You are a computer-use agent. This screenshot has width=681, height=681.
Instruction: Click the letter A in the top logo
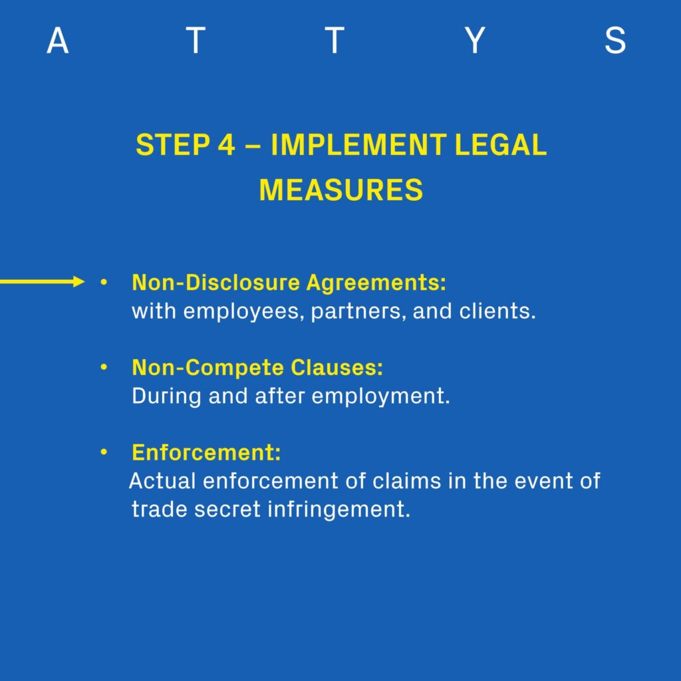(x=57, y=41)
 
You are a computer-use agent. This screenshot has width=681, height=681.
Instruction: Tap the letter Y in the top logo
(x=475, y=41)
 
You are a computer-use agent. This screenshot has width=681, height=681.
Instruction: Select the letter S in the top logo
(x=615, y=41)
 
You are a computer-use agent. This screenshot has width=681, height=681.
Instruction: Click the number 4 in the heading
(x=226, y=144)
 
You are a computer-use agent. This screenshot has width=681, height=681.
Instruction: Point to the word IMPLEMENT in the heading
(x=358, y=144)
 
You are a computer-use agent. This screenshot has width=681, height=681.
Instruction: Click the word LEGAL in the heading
(x=500, y=144)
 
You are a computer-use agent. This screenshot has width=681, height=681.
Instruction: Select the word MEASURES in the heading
(x=341, y=190)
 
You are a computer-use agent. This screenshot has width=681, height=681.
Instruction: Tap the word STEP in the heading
(x=174, y=144)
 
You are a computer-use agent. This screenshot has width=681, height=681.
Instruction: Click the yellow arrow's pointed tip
(x=84, y=281)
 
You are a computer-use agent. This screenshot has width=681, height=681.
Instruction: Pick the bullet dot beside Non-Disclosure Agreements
(x=103, y=282)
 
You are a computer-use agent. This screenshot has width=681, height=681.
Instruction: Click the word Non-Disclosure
(x=216, y=282)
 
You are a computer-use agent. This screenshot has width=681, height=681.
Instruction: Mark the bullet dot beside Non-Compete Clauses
(x=103, y=367)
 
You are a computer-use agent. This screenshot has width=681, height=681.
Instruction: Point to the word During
(x=166, y=396)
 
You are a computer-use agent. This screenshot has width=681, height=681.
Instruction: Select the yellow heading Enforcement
(x=206, y=452)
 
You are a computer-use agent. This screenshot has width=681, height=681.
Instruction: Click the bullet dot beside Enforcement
(x=103, y=452)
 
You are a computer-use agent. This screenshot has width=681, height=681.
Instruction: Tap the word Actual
(x=162, y=481)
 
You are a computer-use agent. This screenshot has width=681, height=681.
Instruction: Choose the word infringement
(x=339, y=510)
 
